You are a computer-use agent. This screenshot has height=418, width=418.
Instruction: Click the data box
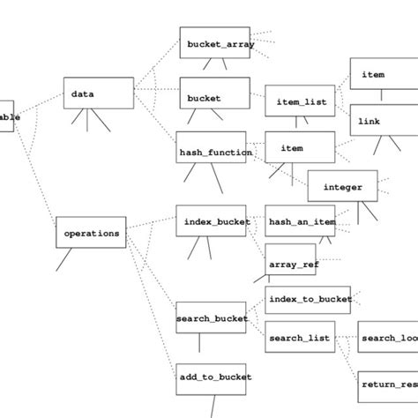(x=99, y=93)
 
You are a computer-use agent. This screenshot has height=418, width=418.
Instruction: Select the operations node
(x=91, y=233)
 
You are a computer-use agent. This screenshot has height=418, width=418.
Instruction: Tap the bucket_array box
(x=217, y=43)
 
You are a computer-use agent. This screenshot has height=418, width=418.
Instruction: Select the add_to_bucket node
(x=212, y=377)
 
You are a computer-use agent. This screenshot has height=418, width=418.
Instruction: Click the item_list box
(x=300, y=101)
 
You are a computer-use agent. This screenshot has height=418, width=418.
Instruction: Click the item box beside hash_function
(x=300, y=148)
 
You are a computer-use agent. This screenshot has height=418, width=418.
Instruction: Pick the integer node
(x=342, y=186)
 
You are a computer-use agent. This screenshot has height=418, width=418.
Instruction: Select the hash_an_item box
(x=300, y=221)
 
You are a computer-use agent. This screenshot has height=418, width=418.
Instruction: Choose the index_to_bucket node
(x=308, y=298)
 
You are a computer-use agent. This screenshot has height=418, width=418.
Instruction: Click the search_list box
(x=300, y=337)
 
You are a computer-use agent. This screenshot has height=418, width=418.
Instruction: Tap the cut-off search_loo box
(x=387, y=337)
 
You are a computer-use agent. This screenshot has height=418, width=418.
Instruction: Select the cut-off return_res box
(x=387, y=384)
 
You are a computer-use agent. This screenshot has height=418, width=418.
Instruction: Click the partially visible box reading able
(x=7, y=116)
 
